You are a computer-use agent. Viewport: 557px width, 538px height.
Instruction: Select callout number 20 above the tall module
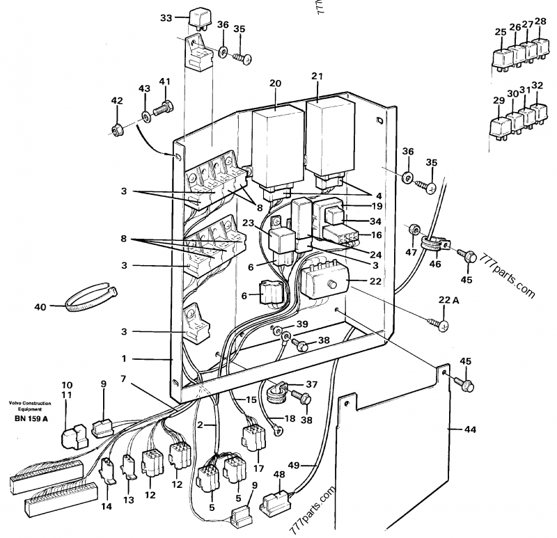(275, 84)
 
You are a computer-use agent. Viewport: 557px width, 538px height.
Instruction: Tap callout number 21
(318, 76)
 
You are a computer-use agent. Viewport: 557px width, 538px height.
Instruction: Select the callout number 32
(536, 86)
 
